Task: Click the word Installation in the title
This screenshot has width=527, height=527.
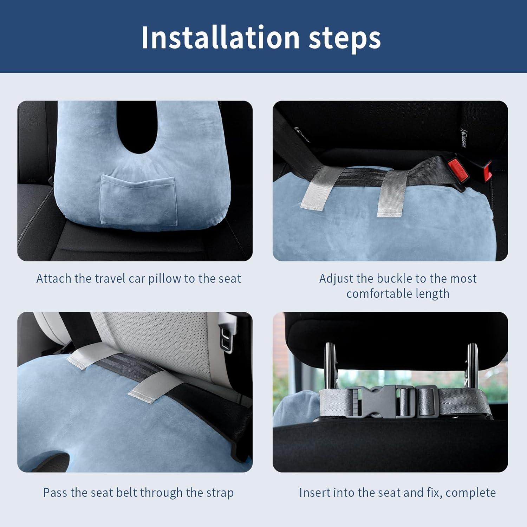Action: click(x=220, y=38)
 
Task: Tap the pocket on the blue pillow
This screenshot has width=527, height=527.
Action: click(x=138, y=200)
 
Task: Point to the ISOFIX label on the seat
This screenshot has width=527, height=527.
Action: click(x=462, y=139)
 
